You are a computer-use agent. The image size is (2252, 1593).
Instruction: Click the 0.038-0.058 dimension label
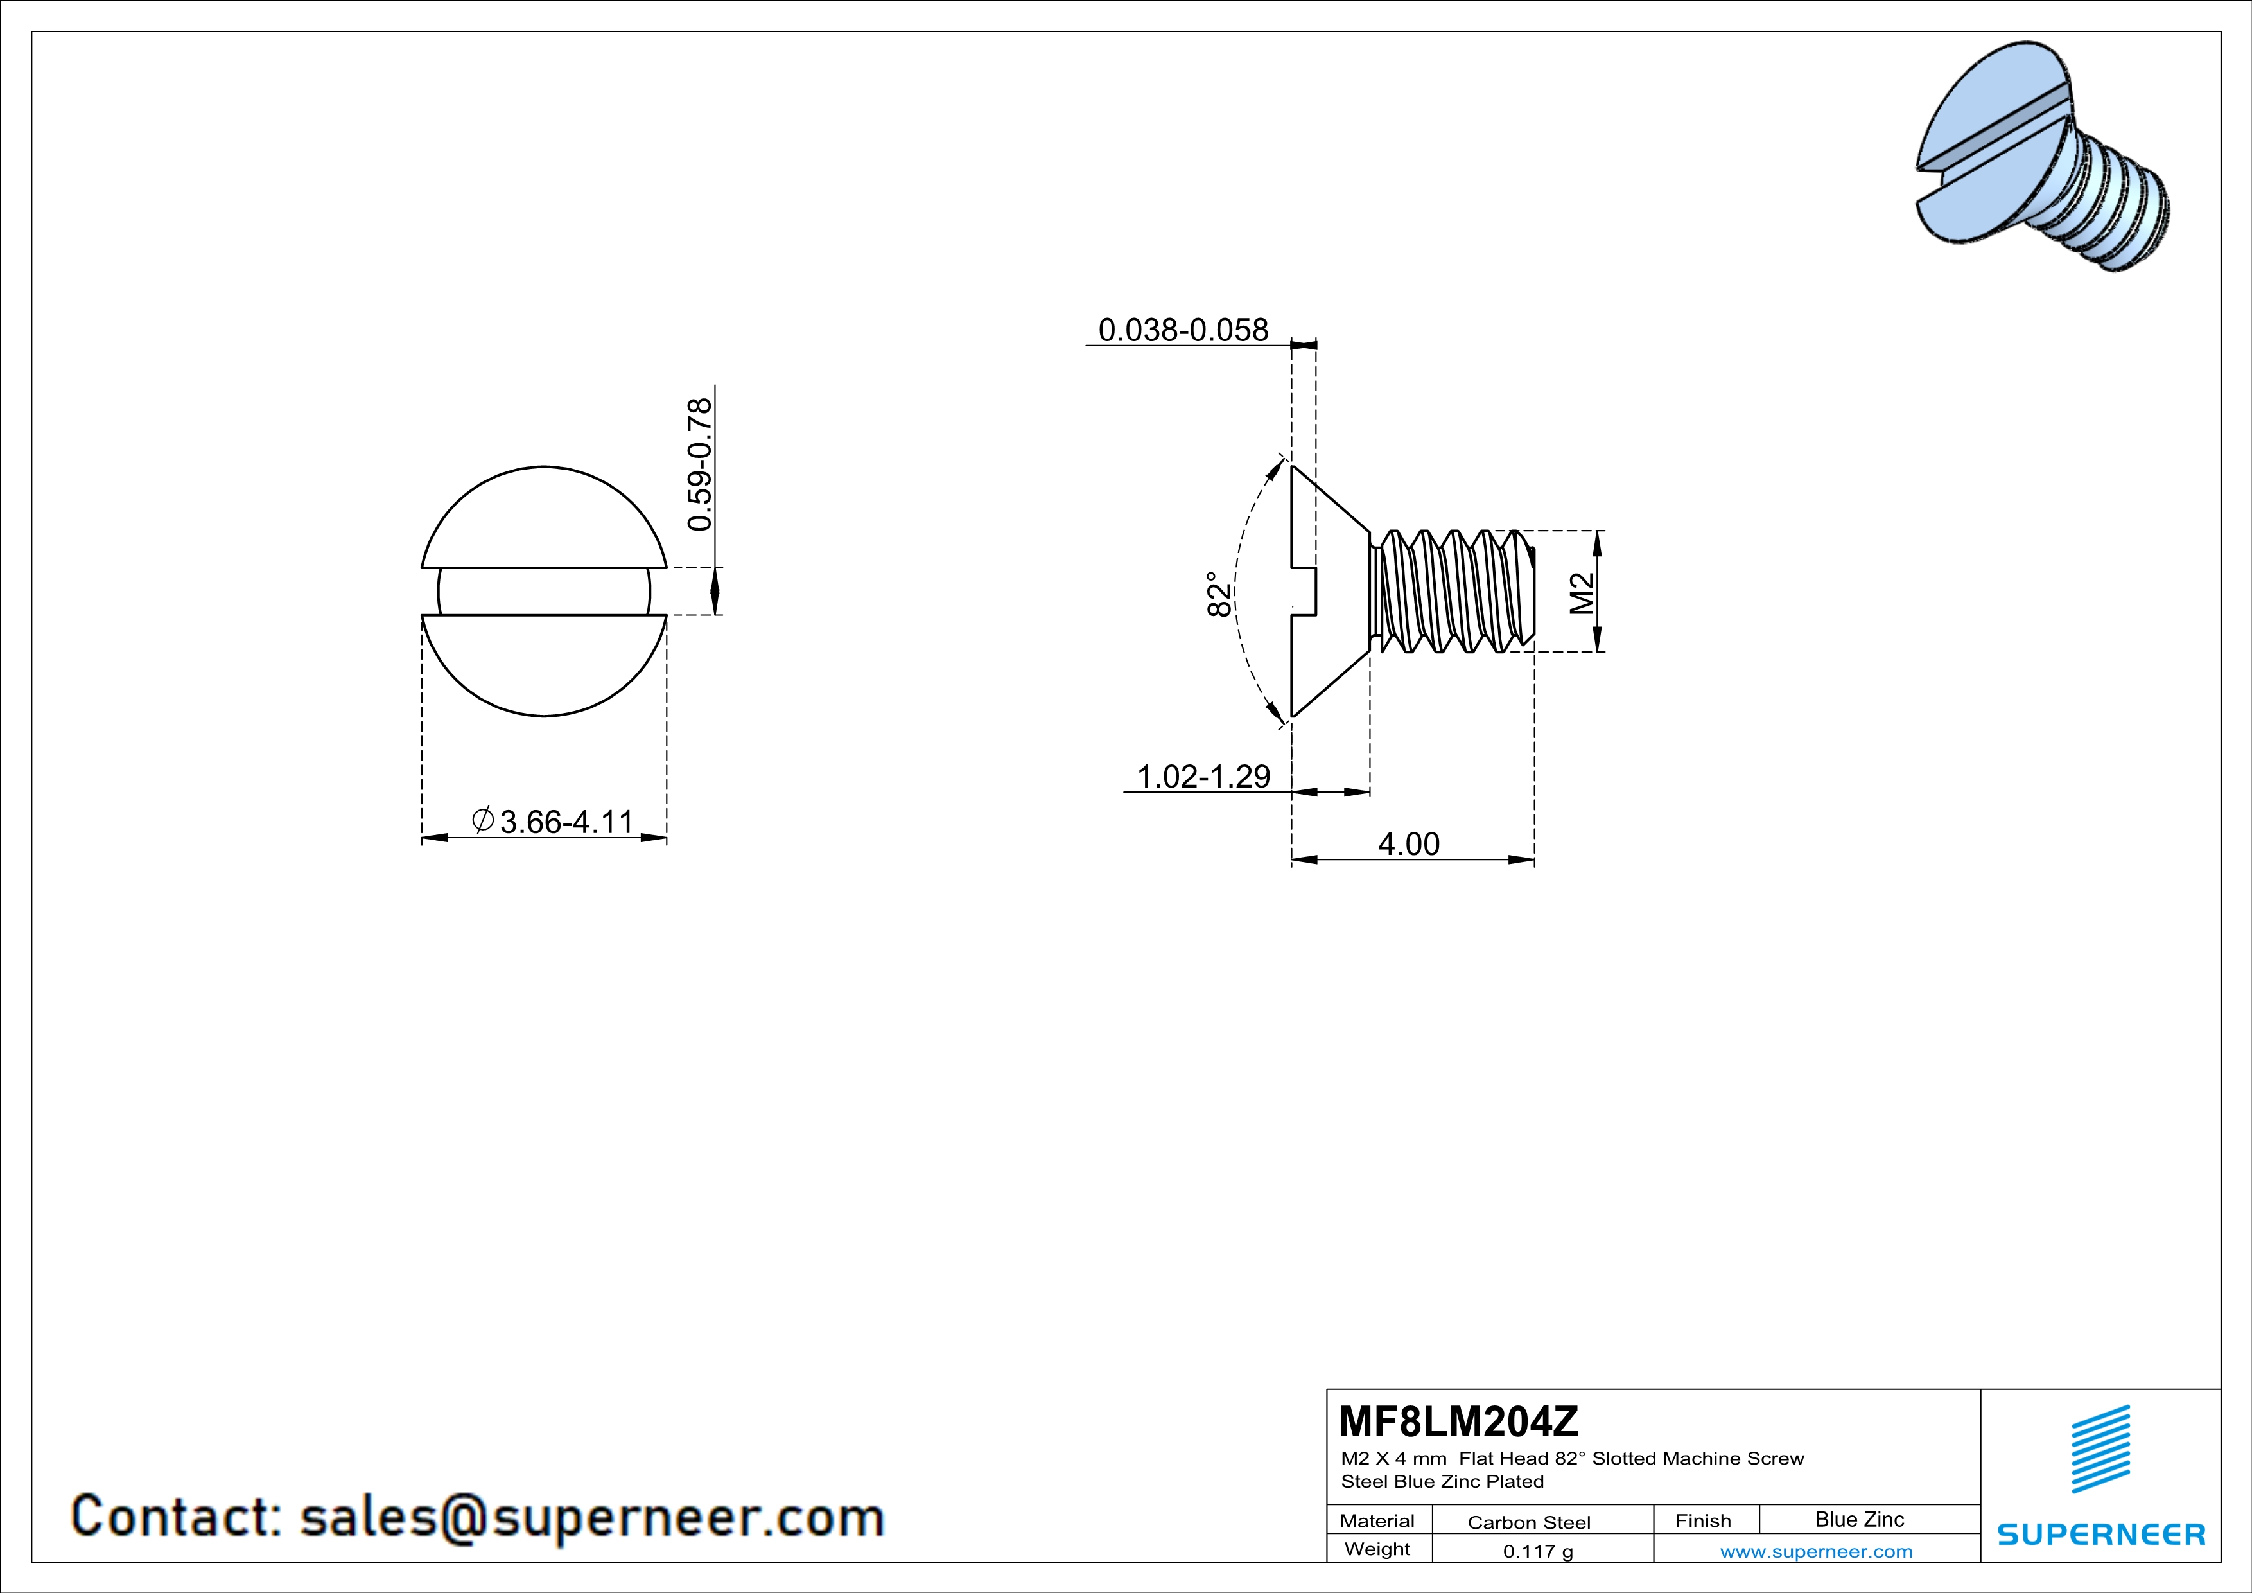(x=1183, y=330)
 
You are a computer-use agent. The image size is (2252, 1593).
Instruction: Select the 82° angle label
(x=1218, y=594)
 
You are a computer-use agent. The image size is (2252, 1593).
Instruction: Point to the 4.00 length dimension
(x=1408, y=843)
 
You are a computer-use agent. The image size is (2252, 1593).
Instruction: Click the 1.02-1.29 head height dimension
(x=1203, y=776)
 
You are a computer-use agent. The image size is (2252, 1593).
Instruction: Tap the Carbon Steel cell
(x=1528, y=1522)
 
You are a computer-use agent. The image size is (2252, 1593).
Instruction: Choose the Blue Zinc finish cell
(x=1858, y=1519)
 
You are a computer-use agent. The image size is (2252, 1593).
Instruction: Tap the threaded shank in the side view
(x=1452, y=592)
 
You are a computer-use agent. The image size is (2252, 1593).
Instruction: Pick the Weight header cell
(x=1377, y=1549)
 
